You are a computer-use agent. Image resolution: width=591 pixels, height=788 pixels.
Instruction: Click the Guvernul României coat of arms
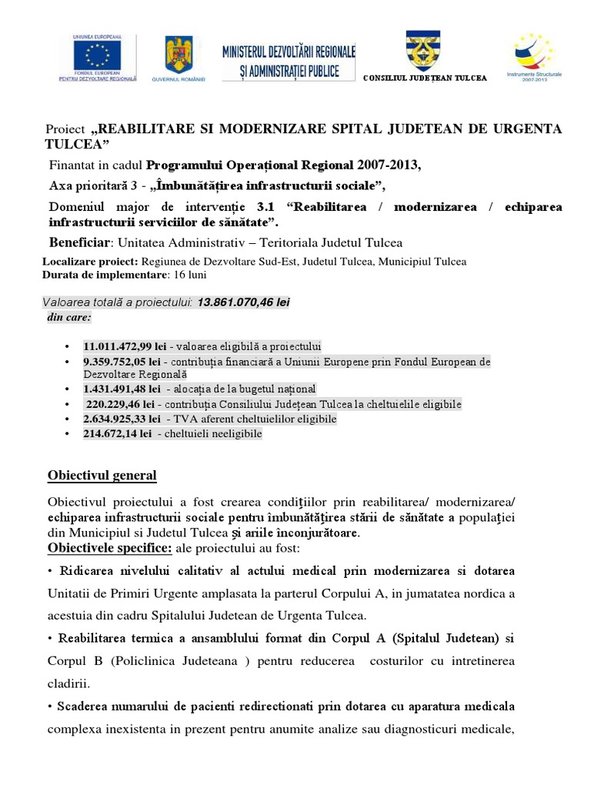pos(179,55)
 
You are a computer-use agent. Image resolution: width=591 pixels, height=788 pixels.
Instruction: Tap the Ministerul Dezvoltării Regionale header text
pos(289,62)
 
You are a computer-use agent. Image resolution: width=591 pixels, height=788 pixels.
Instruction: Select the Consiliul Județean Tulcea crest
pos(423,51)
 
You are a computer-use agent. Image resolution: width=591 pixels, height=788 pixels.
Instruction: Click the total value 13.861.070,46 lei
pos(243,302)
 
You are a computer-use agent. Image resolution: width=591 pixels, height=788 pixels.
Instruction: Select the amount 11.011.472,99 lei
pos(120,346)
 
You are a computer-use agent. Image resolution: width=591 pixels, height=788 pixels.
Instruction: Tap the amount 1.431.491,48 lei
pos(120,389)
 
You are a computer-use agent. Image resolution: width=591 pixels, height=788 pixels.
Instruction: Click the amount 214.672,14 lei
pos(119,434)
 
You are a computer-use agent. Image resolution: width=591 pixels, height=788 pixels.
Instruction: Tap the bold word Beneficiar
pos(80,243)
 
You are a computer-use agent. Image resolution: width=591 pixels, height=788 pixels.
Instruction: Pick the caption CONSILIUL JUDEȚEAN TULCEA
pos(424,78)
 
